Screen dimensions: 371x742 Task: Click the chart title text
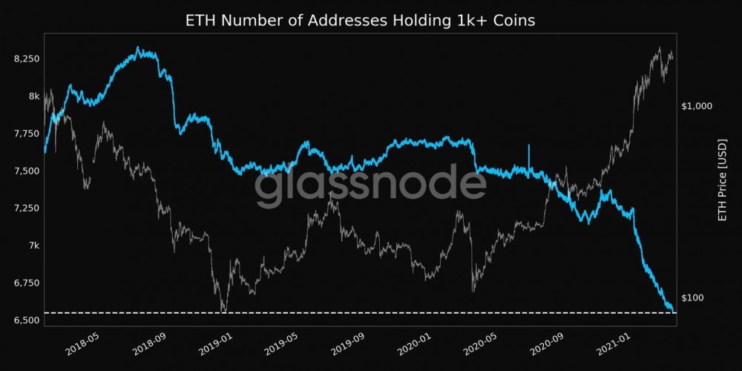(360, 20)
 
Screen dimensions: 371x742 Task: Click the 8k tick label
(33, 96)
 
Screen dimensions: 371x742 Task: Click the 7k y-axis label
(33, 246)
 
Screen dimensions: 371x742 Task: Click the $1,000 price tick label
(696, 106)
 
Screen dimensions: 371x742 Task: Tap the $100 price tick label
(692, 298)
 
